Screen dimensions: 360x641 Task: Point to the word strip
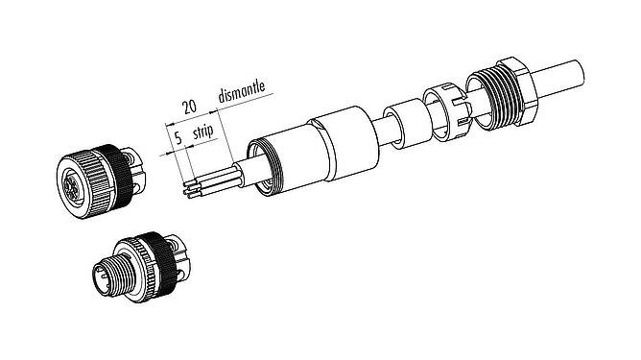(x=202, y=132)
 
